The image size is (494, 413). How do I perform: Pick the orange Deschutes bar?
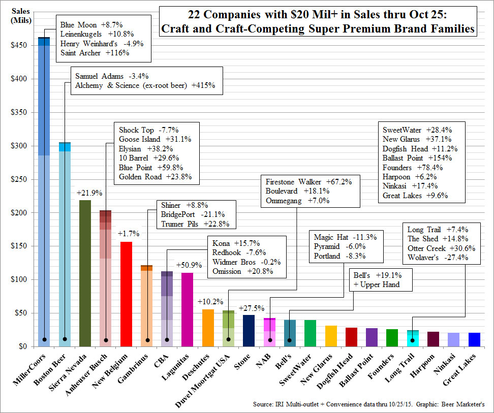207,328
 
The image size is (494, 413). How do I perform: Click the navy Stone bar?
249,330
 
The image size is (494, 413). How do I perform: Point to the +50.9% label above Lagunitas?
187,265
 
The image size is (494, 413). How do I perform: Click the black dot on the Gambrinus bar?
147,340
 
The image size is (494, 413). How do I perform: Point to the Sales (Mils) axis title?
19,14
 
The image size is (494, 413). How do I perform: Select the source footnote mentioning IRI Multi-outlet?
368,405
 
